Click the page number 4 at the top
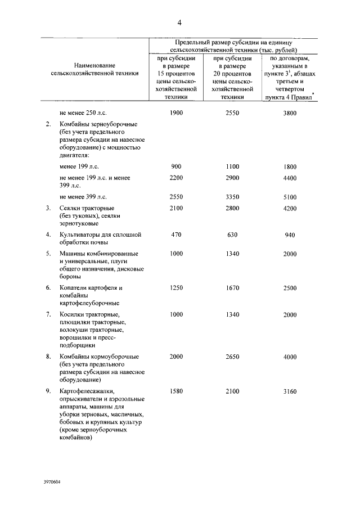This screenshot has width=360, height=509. tap(179, 22)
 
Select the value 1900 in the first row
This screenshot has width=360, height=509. tap(177, 113)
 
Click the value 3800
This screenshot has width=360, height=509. tap(290, 113)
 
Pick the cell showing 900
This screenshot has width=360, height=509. tap(177, 166)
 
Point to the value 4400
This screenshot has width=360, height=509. tap(290, 178)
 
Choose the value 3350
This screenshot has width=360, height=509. tap(232, 197)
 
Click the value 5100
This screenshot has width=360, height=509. tap(290, 197)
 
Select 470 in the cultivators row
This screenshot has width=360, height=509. tap(177, 235)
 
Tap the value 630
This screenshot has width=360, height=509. tap(232, 235)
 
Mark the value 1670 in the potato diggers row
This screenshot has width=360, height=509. tap(232, 288)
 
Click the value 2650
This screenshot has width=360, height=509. tap(232, 357)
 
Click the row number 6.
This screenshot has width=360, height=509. tap(48, 288)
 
